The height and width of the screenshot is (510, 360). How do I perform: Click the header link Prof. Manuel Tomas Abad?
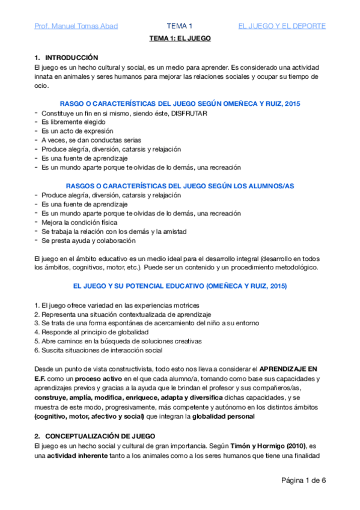[x=76, y=26]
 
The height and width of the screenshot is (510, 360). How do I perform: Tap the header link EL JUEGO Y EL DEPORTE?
[x=282, y=26]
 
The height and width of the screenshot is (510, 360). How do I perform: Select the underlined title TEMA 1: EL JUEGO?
[x=180, y=38]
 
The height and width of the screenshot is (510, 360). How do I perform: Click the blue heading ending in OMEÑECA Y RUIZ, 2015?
[x=180, y=104]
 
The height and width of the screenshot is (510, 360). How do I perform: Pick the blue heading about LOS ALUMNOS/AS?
[x=180, y=186]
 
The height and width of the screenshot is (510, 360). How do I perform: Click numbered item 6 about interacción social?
[x=98, y=350]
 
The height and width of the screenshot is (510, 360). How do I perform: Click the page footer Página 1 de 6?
[x=304, y=481]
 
